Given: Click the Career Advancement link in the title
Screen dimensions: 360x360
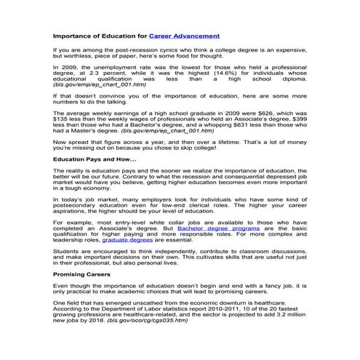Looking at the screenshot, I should point(183,35).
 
